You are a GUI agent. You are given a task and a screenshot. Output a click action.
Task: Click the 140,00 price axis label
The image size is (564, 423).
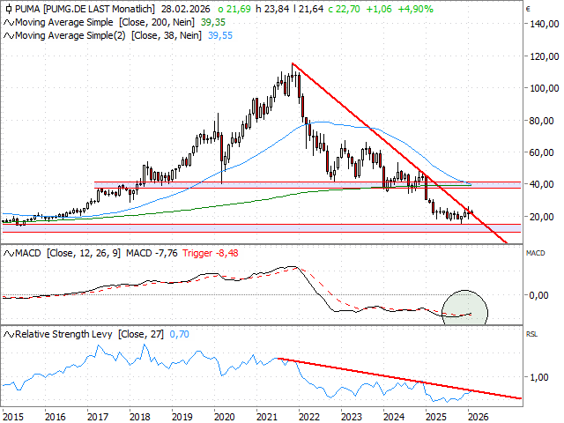point(540,24)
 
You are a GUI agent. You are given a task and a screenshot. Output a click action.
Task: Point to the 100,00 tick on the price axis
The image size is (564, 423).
point(540,88)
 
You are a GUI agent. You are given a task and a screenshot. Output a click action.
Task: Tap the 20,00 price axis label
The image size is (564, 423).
point(540,217)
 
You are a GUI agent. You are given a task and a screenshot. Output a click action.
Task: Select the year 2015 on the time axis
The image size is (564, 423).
point(12,415)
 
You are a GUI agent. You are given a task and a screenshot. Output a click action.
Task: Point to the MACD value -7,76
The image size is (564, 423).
point(163,253)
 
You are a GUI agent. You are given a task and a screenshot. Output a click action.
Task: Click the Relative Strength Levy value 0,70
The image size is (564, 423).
point(180,334)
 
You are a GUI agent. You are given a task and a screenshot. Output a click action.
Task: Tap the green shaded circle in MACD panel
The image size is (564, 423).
point(464,308)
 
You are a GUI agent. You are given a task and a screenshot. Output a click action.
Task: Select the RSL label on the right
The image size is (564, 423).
point(531,334)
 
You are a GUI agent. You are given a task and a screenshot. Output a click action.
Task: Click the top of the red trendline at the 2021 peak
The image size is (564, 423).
point(293,63)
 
